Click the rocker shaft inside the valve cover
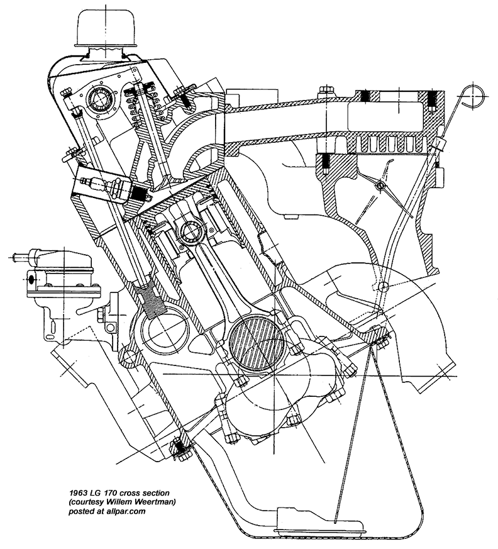100,98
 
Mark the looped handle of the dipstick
472,96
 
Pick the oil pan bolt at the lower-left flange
180,449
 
